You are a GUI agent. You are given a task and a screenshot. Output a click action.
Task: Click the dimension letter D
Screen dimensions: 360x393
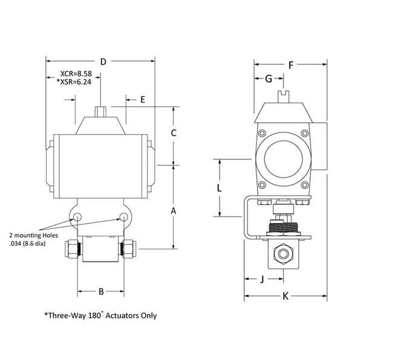(x=103, y=62)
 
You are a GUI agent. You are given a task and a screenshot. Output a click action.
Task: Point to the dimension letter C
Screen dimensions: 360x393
(x=173, y=133)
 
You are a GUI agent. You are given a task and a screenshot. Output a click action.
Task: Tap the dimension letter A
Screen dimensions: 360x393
(x=174, y=211)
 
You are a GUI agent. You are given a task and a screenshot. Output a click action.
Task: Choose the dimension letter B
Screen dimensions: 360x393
(x=102, y=292)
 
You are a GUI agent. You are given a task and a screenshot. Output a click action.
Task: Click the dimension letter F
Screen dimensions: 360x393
(x=291, y=65)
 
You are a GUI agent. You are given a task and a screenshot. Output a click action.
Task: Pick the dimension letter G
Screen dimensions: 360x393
(x=268, y=79)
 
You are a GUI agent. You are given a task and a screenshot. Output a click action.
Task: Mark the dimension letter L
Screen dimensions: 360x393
(x=219, y=188)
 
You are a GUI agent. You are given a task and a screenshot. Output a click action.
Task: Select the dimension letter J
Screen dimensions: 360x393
(x=261, y=279)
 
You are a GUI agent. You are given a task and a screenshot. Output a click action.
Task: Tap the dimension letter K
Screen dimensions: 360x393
(x=286, y=296)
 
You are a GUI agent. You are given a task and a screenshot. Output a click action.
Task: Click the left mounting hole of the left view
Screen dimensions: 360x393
(x=77, y=217)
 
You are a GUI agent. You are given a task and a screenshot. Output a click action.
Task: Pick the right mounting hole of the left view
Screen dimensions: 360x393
(x=124, y=217)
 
